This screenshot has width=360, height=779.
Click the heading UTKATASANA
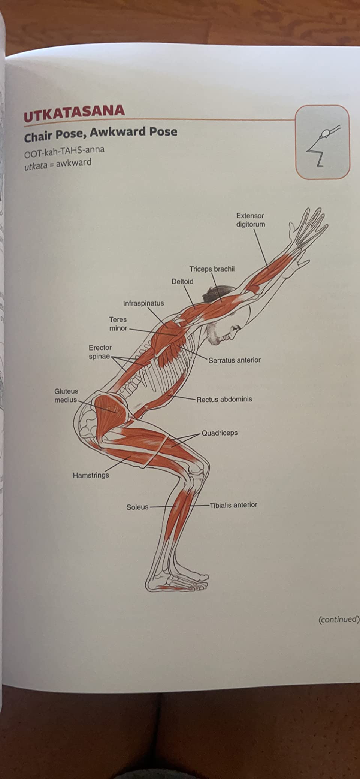74,113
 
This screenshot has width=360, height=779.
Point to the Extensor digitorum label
250,220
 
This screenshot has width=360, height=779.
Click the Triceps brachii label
212,269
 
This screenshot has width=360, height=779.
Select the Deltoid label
182,281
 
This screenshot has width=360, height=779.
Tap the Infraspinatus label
143,303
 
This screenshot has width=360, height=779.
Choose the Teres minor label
118,324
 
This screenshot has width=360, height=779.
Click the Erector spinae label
100,352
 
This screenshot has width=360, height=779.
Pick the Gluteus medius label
66,395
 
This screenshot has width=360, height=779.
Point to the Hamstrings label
91,475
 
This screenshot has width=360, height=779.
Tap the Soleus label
137,507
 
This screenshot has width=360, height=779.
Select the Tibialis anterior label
233,505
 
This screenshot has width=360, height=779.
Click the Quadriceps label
220,433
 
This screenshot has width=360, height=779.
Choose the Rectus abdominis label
224,399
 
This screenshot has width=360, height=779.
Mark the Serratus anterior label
234,360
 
